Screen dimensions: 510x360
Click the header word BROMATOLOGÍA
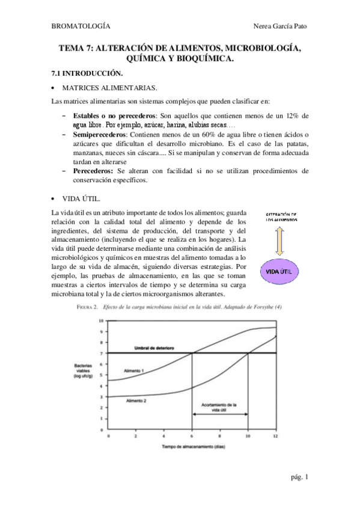(81, 26)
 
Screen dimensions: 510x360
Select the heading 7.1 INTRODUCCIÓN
(87, 73)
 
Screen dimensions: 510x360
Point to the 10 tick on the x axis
(248, 435)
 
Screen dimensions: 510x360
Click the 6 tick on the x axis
(192, 435)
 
